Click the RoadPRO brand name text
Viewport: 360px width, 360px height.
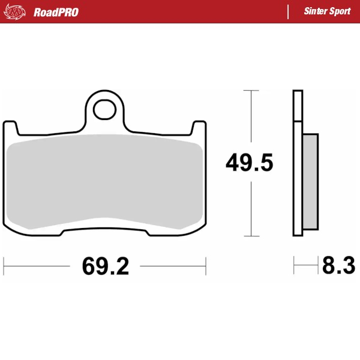pos(56,12)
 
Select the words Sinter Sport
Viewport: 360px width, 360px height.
pos(327,12)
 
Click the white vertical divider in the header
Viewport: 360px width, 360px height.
pos(289,12)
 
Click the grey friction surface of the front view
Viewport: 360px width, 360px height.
pos(106,180)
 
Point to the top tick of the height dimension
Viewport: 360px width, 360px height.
pos(251,91)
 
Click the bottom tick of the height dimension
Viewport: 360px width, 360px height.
pos(251,235)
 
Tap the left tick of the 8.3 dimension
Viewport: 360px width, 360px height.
pos(293,265)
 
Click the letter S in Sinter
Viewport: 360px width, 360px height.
pos(307,12)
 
